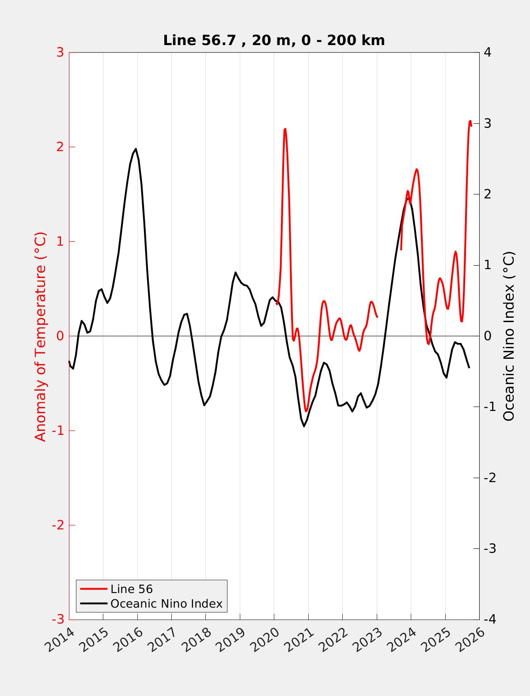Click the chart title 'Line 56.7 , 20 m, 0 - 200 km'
[274, 40]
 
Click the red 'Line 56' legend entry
[131, 589]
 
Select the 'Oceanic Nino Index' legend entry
[166, 604]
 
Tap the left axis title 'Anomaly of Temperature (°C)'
[40, 336]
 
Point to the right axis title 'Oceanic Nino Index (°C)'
[509, 336]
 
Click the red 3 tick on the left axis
[60, 53]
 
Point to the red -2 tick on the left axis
[57, 525]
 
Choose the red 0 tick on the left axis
[60, 336]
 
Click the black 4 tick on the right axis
[488, 53]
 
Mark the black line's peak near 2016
[136, 149]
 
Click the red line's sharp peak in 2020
[285, 129]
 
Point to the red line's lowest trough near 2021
[306, 411]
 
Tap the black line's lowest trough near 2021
[304, 426]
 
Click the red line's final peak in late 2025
[470, 121]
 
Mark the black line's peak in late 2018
[235, 272]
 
